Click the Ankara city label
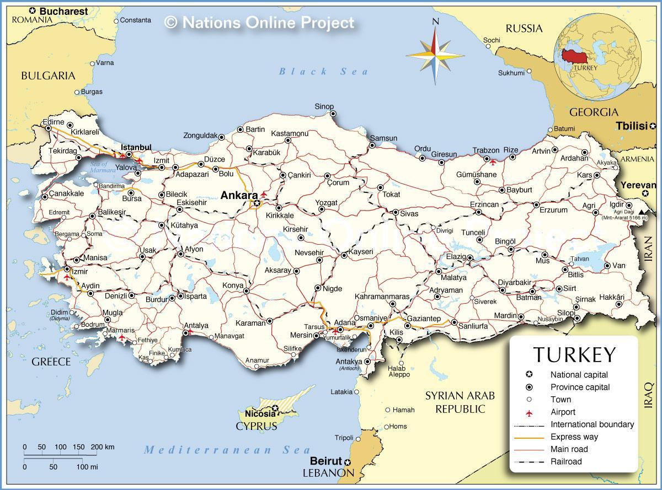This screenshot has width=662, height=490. click(239, 195)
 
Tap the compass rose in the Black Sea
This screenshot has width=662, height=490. click(435, 54)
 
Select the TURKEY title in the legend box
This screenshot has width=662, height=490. click(574, 354)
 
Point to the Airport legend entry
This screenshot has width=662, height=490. click(563, 412)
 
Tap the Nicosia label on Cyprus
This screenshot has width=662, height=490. click(260, 413)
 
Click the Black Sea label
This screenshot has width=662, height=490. click(323, 71)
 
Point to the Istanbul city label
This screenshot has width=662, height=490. click(136, 147)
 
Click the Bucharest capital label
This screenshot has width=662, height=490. click(63, 11)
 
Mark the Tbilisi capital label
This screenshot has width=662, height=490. click(631, 126)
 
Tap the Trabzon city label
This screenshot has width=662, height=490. click(486, 150)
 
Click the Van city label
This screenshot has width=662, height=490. click(618, 266)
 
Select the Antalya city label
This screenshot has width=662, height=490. click(196, 325)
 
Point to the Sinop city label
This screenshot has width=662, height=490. click(324, 106)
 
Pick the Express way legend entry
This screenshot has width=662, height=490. click(574, 437)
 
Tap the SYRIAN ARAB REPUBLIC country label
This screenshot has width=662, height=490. click(460, 402)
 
